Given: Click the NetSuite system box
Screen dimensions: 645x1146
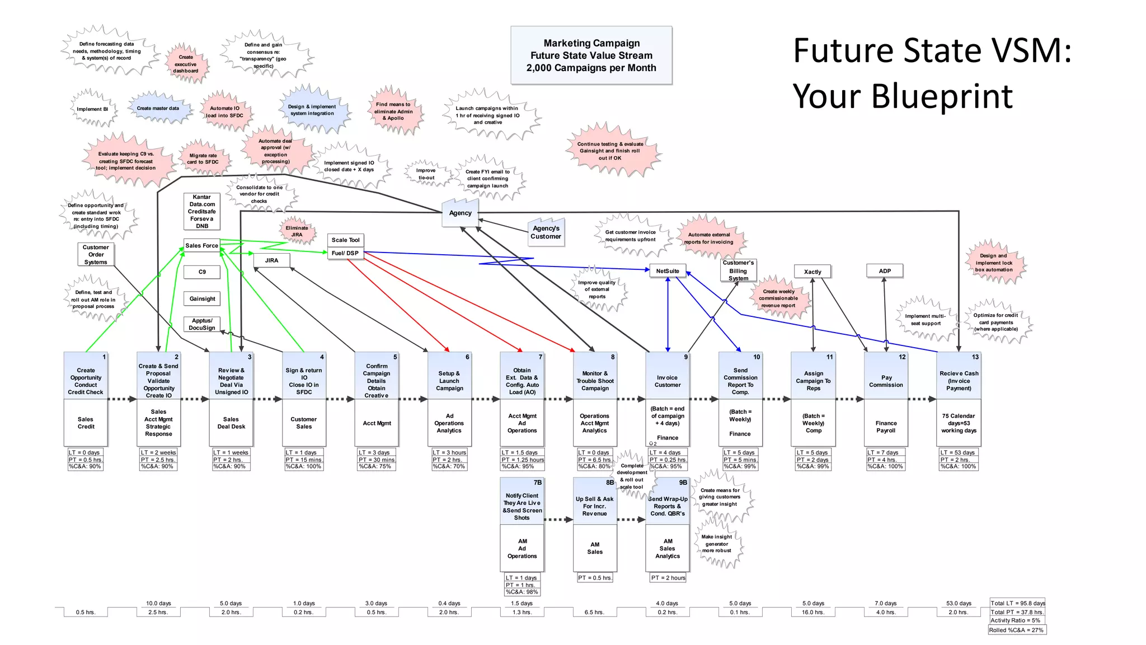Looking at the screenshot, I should pyautogui.click(x=668, y=271).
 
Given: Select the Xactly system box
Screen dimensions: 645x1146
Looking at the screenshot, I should pyautogui.click(x=812, y=272).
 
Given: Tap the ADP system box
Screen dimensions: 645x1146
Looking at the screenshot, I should pyautogui.click(x=884, y=271).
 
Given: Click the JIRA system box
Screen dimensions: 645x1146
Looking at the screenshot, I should pyautogui.click(x=271, y=260).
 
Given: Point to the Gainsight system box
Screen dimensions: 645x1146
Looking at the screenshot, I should pyautogui.click(x=202, y=299).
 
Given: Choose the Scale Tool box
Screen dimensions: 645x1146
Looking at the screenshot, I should pyautogui.click(x=345, y=240).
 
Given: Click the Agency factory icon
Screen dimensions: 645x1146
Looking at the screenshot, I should pyautogui.click(x=461, y=213).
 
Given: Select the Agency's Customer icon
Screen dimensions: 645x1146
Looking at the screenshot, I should pyautogui.click(x=546, y=232).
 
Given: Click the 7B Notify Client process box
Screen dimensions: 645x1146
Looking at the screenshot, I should pyautogui.click(x=522, y=502).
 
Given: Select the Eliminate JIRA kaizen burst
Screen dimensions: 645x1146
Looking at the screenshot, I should pyautogui.click(x=297, y=231).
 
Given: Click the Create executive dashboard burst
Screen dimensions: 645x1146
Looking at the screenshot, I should pyautogui.click(x=186, y=64).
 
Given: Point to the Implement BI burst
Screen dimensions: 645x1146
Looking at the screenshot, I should pyautogui.click(x=93, y=109).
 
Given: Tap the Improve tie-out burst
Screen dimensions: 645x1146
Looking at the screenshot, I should pyautogui.click(x=426, y=174).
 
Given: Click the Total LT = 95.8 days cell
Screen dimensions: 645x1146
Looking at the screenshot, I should pyautogui.click(x=1017, y=603).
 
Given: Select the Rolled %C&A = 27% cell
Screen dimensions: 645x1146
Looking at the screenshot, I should pyautogui.click(x=1016, y=630).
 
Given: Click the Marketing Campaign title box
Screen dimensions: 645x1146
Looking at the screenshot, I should pyautogui.click(x=591, y=55).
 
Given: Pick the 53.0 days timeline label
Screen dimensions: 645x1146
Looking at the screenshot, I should pyautogui.click(x=959, y=604).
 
